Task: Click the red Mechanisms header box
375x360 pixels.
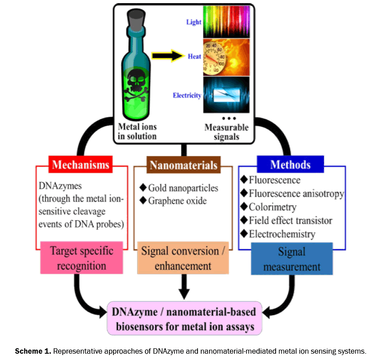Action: tap(80, 164)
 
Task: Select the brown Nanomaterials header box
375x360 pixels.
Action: tap(183, 165)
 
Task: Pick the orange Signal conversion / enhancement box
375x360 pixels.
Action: tap(183, 258)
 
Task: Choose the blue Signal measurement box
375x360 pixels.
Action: tap(291, 258)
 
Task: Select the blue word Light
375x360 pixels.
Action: tap(193, 22)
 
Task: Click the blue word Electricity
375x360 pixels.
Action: tap(187, 95)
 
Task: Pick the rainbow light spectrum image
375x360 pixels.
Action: tap(226, 21)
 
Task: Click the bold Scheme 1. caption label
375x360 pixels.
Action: tap(33, 351)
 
